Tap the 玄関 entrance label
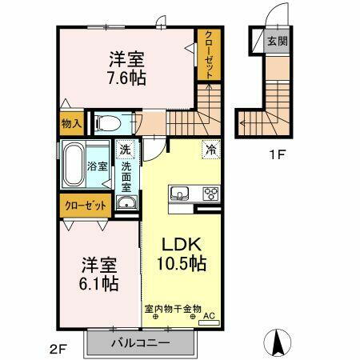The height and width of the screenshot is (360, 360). click(277, 41)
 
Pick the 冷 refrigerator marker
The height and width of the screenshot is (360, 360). click(211, 149)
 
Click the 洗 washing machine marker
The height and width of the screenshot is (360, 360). click(126, 150)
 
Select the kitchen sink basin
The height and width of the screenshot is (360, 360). click(178, 193)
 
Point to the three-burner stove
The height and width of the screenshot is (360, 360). click(211, 194)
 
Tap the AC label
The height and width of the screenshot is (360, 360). click(210, 315)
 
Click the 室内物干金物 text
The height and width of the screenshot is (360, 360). click(173, 306)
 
